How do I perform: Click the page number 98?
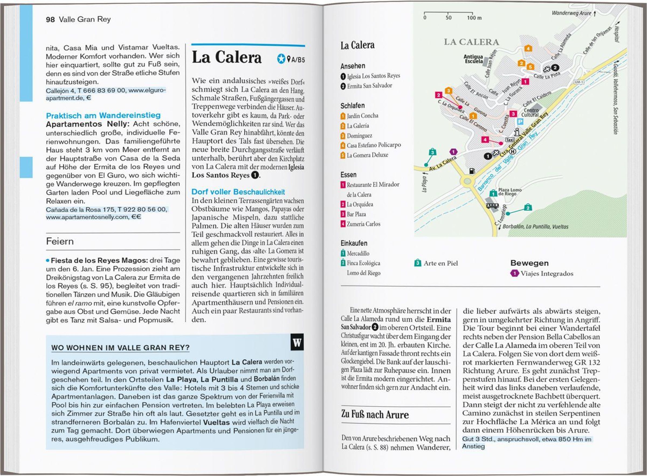pyautogui.click(x=50, y=19)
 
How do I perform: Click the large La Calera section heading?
pyautogui.click(x=227, y=57)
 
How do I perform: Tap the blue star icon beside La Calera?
pyautogui.click(x=281, y=59)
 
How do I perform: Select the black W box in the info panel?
pyautogui.click(x=297, y=342)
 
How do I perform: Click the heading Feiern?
pyautogui.click(x=60, y=241)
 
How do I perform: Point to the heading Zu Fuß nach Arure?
pyautogui.click(x=375, y=414)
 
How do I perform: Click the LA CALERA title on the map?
pyautogui.click(x=471, y=42)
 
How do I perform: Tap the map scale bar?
pyautogui.click(x=448, y=13)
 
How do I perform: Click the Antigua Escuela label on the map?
pyautogui.click(x=473, y=59)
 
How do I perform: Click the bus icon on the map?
pyautogui.click(x=492, y=205)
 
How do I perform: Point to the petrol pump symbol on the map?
pyautogui.click(x=472, y=171)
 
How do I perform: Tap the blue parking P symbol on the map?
pyautogui.click(x=520, y=122)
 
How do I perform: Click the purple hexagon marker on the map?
pyautogui.click(x=453, y=152)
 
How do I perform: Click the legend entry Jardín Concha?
pyautogui.click(x=362, y=116)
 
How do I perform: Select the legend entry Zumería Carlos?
pyautogui.click(x=363, y=224)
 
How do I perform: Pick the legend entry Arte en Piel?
pyautogui.click(x=440, y=263)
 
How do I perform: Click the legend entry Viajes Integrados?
pyautogui.click(x=547, y=274)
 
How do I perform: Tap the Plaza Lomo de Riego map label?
pyautogui.click(x=510, y=192)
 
